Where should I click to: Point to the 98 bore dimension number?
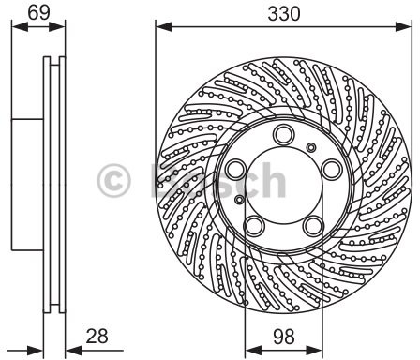(281, 334)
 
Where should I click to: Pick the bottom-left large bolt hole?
(254, 226)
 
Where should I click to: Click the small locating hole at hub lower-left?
(241, 200)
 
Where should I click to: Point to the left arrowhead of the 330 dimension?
(160, 29)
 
